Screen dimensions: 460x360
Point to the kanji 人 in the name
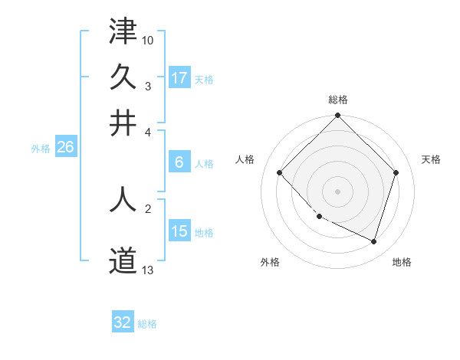click(123, 198)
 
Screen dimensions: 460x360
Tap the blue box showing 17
click(179, 78)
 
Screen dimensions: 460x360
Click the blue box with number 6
click(179, 162)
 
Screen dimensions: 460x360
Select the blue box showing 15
click(179, 231)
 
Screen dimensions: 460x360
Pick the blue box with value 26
click(65, 147)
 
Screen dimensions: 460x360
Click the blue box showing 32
click(123, 322)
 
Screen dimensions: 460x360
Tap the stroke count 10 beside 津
click(148, 38)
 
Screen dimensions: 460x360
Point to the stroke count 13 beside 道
click(148, 270)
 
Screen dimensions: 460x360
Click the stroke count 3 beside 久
click(147, 86)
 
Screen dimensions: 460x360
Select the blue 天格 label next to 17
click(204, 79)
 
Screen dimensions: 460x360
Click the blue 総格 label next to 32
click(147, 324)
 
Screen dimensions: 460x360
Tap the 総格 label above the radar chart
click(338, 100)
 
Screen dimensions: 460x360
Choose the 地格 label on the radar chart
click(402, 263)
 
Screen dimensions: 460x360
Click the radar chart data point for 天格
click(396, 173)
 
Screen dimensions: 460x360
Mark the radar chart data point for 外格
click(320, 217)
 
